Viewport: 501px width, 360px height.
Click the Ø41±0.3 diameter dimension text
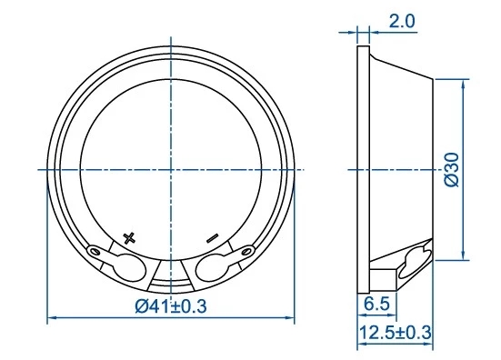point(171,306)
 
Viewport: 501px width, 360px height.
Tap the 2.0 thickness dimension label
point(402,22)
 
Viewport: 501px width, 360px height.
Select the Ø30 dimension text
point(452,170)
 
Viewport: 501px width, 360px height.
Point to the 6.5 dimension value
point(377,304)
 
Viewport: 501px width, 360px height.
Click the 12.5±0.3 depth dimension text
point(396,332)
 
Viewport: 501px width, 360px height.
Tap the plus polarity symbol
point(129,238)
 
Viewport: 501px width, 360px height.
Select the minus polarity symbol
point(212,238)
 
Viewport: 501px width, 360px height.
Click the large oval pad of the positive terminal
point(129,268)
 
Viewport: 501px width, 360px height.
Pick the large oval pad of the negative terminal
point(212,268)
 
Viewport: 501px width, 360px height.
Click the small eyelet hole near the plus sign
point(95,252)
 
